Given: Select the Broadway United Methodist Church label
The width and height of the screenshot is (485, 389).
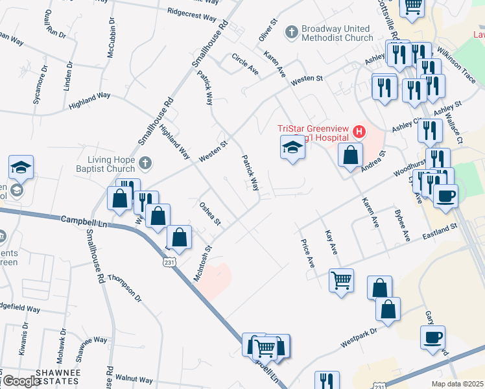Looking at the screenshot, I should coord(337,33).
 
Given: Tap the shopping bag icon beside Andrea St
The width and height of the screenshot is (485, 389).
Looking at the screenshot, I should coord(350,156).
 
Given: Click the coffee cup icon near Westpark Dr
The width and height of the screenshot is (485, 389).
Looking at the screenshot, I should coord(432,338).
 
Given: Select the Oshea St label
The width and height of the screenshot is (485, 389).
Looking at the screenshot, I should coord(210,215).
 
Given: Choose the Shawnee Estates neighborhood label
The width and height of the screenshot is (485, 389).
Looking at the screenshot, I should coord(57,377).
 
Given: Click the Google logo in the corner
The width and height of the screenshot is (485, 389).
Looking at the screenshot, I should coord(22,381).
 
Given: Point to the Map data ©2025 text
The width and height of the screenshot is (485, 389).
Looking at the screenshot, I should coord(457,383).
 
